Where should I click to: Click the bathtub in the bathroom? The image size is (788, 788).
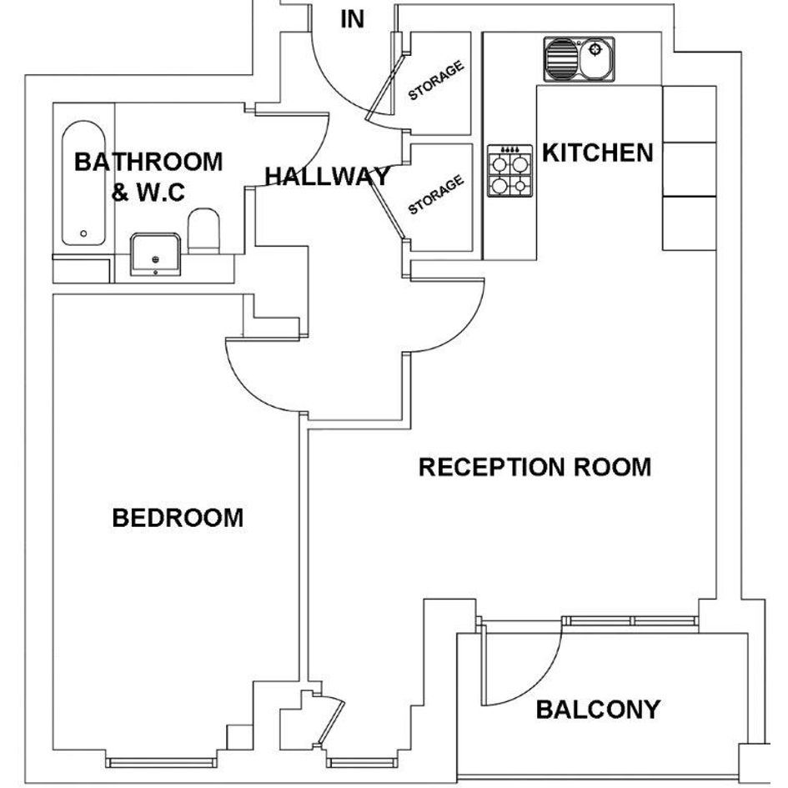click(x=83, y=183)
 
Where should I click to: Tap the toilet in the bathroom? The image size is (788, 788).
click(x=203, y=231)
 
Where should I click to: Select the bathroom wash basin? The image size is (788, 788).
click(x=155, y=254)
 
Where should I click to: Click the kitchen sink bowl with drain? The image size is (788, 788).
click(x=595, y=58)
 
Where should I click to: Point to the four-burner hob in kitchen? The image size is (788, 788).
click(x=509, y=171)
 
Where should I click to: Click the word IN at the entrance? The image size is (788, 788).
click(x=352, y=19)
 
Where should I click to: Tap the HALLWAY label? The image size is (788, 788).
click(x=327, y=177)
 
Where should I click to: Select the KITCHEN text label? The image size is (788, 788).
click(x=598, y=153)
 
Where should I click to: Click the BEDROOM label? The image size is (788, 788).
click(x=178, y=518)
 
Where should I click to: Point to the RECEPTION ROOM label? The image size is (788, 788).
click(x=535, y=467)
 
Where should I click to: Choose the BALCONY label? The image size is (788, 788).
click(x=598, y=710)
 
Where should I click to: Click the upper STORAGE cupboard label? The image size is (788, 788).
click(x=436, y=80)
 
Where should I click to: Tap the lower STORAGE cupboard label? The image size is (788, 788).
click(x=436, y=194)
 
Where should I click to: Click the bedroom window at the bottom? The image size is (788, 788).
click(x=162, y=763)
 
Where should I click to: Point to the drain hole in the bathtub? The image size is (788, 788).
click(x=83, y=233)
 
